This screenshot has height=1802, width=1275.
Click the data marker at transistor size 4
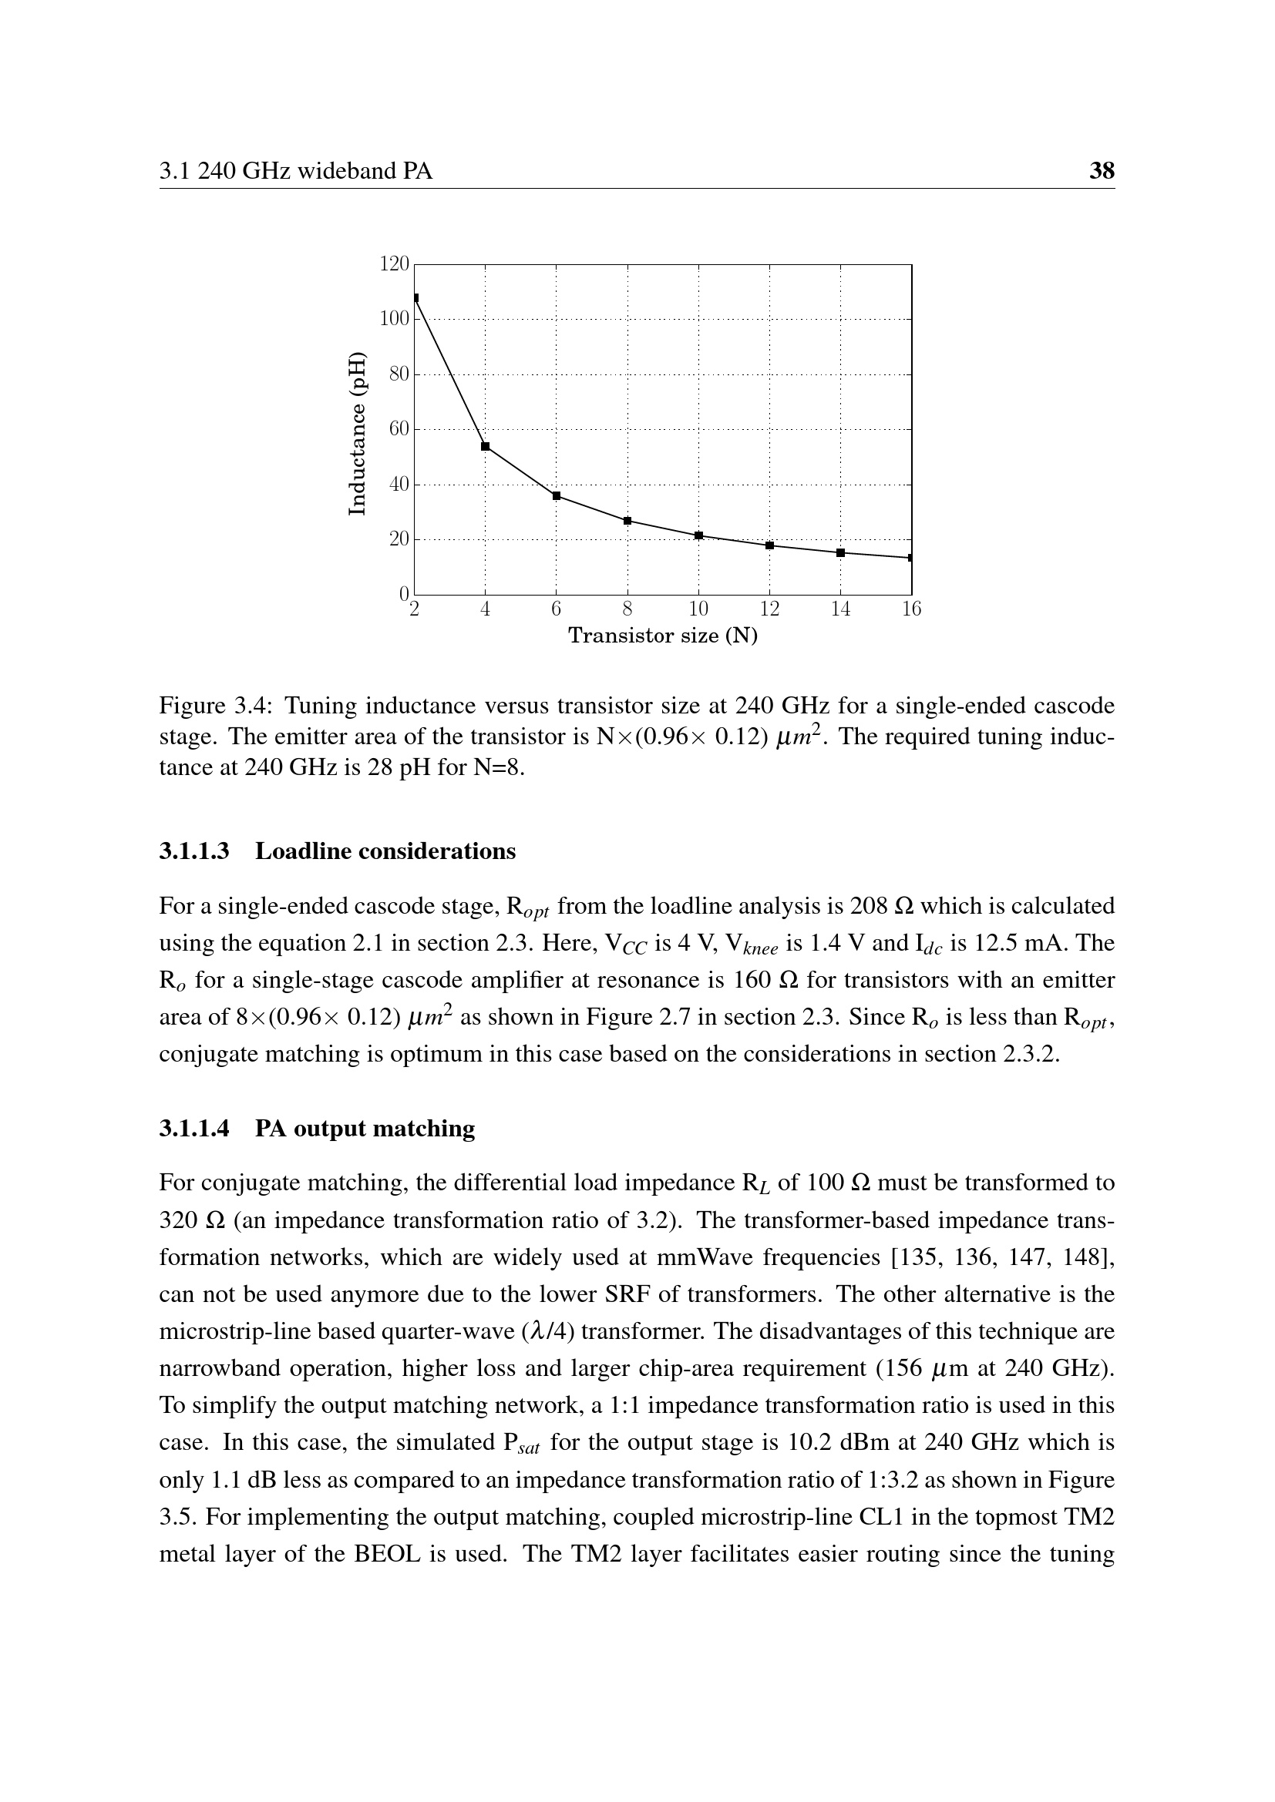click(x=485, y=447)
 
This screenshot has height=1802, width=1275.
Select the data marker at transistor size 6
click(x=557, y=496)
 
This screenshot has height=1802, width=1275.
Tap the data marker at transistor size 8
click(x=627, y=521)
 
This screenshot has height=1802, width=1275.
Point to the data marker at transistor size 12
click(x=769, y=545)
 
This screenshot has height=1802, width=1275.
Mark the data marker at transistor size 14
click(x=841, y=553)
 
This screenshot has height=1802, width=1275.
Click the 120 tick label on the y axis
click(x=394, y=264)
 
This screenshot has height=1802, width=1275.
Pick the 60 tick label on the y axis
click(x=399, y=429)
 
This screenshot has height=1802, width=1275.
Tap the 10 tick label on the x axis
click(x=698, y=610)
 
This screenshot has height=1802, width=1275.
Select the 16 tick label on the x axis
click(x=911, y=610)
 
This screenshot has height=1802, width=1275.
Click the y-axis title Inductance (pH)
click(x=357, y=433)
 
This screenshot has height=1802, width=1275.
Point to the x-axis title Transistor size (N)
click(x=663, y=636)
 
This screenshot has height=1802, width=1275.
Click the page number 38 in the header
click(x=1102, y=171)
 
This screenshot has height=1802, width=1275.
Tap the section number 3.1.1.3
click(x=194, y=851)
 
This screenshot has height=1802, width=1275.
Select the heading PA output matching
click(x=365, y=1129)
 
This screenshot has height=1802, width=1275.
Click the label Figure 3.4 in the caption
click(x=214, y=706)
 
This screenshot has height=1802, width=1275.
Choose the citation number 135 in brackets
click(x=919, y=1257)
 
